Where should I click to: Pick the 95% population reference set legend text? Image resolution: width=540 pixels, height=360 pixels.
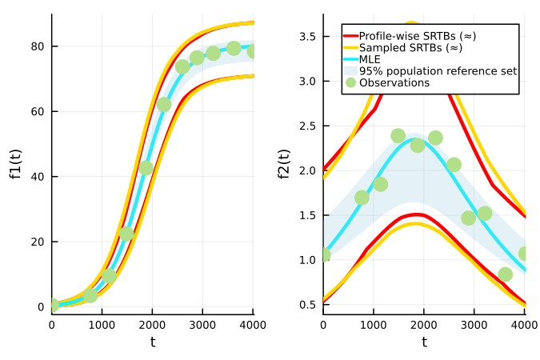(x=438, y=71)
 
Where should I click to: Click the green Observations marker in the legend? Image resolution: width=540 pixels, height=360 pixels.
(x=350, y=82)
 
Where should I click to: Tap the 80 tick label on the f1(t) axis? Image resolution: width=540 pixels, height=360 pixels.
(x=37, y=46)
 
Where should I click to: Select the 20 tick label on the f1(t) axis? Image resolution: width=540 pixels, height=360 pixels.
(x=37, y=242)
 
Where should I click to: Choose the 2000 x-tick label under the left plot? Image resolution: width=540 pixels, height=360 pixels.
(x=152, y=325)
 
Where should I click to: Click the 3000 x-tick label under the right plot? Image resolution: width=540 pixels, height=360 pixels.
(x=474, y=325)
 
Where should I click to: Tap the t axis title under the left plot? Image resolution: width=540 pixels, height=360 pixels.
(x=152, y=342)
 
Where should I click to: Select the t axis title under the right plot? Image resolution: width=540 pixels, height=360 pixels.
(x=424, y=342)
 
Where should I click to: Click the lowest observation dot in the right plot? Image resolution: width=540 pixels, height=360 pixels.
(x=505, y=274)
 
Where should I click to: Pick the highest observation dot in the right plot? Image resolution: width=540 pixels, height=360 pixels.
(x=398, y=136)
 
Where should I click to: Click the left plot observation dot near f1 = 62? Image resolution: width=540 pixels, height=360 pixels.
(x=164, y=105)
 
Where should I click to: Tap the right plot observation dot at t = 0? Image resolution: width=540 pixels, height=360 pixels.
(x=324, y=255)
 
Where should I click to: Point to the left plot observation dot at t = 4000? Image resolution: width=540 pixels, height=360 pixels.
(x=253, y=51)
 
